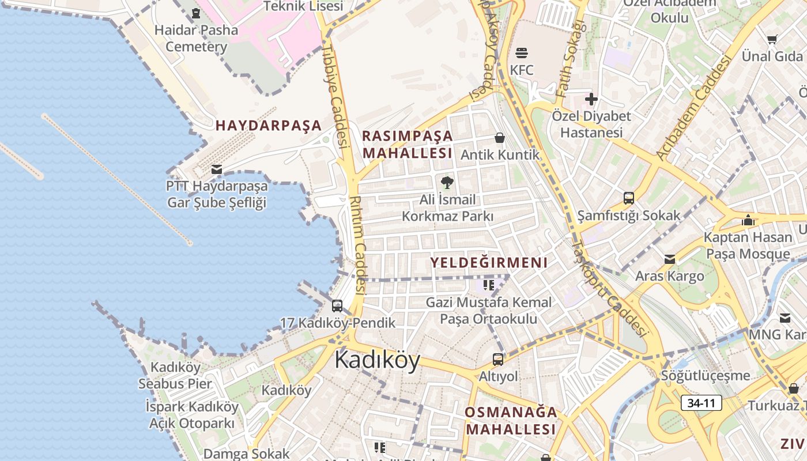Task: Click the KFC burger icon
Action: coord(522,53)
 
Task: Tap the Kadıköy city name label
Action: coord(377,360)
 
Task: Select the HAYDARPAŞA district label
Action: coord(268,125)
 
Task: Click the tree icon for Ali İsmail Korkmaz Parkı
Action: coord(447,183)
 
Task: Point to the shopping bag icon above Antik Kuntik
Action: coord(500,138)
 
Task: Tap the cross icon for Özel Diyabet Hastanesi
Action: coord(591,99)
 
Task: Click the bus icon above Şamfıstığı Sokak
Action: coord(629,198)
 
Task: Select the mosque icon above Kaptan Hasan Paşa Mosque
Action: coord(748,220)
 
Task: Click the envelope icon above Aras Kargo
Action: coord(670,259)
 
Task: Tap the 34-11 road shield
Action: coord(701,403)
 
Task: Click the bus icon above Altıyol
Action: coord(498,360)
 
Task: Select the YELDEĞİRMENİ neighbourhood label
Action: coord(489,263)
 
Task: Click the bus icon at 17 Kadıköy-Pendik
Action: coord(337,306)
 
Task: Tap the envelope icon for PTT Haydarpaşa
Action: coord(217,169)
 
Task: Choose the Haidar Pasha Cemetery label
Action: coord(197,38)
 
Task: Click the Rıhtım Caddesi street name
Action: coord(359,245)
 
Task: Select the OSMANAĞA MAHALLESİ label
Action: coord(511,421)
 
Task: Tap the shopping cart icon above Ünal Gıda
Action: coord(772,39)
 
